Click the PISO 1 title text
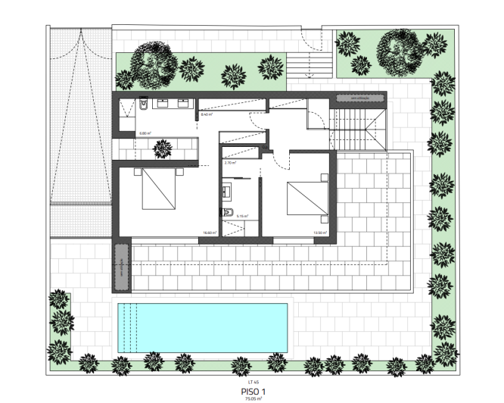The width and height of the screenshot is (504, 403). tap(253, 392)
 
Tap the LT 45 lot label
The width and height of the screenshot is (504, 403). tap(253, 382)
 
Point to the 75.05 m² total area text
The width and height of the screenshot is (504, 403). tap(253, 398)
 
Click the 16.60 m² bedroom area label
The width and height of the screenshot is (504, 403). tap(209, 233)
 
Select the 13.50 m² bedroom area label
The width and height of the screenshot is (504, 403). tap(319, 233)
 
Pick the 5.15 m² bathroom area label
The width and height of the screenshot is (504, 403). tap(242, 216)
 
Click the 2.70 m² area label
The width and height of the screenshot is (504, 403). tap(230, 163)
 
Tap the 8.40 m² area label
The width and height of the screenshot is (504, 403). tap(206, 115)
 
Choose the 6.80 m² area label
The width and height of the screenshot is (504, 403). tap(145, 133)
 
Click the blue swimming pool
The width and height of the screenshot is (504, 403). tap(202, 326)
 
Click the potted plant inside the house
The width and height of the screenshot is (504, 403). tap(160, 150)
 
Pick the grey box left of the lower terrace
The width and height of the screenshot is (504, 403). tap(120, 267)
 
